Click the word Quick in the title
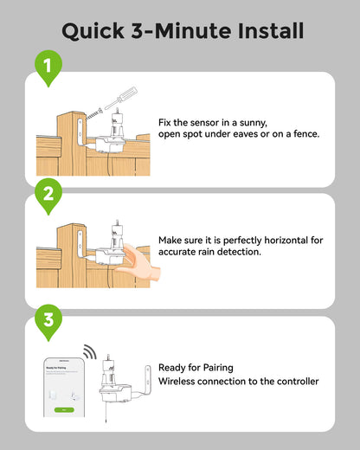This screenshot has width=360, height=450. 91,31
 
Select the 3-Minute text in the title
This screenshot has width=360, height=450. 176,31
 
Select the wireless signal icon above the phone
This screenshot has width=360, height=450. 88,353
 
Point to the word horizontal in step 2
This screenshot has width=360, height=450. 267,240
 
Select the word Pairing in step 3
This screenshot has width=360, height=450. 215,368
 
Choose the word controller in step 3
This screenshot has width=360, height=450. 292,382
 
